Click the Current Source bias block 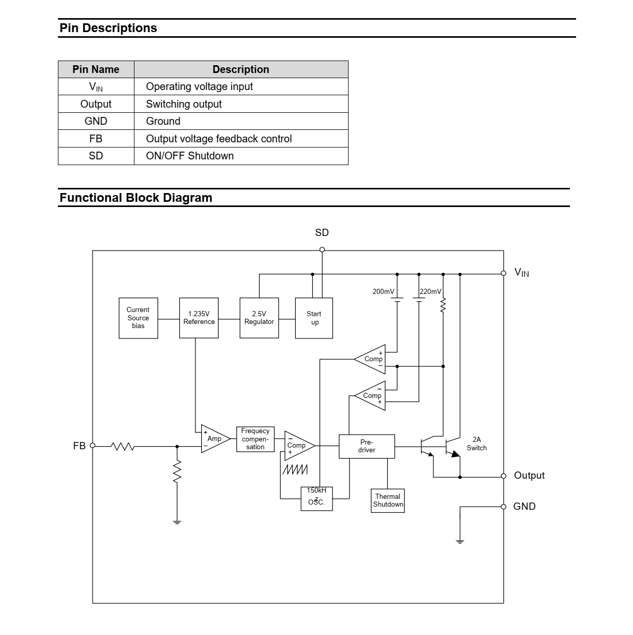point(138,318)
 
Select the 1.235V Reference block point(199,318)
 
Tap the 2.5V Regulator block point(259,318)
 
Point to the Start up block point(314,318)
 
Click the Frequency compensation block point(255,439)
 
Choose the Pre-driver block point(367,446)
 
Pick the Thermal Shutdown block point(388,500)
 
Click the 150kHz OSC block point(317,498)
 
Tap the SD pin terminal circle point(322,249)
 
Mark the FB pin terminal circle point(93,445)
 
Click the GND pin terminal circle point(504,507)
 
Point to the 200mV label point(383,291)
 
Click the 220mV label point(431,291)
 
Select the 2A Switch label point(476,444)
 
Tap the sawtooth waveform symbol point(295,469)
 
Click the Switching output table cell point(184,104)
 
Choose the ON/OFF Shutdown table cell point(190,156)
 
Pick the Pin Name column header point(96,69)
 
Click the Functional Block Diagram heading point(136,198)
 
